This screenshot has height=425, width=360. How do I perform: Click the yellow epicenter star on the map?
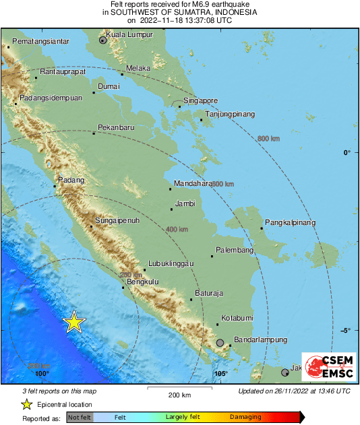[74, 323]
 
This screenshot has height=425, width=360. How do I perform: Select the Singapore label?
[201, 100]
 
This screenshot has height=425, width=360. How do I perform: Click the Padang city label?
[71, 180]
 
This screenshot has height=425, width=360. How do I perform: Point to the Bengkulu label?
[142, 282]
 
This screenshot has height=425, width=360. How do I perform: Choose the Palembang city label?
[234, 251]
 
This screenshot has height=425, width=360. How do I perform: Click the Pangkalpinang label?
[291, 222]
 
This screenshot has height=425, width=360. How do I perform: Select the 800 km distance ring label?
[268, 139]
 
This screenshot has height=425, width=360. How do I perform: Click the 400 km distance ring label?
[176, 230]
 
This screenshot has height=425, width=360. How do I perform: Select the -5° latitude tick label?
[345, 330]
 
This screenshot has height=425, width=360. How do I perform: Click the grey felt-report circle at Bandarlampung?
[220, 344]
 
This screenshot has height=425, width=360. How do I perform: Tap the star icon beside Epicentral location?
[26, 404]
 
